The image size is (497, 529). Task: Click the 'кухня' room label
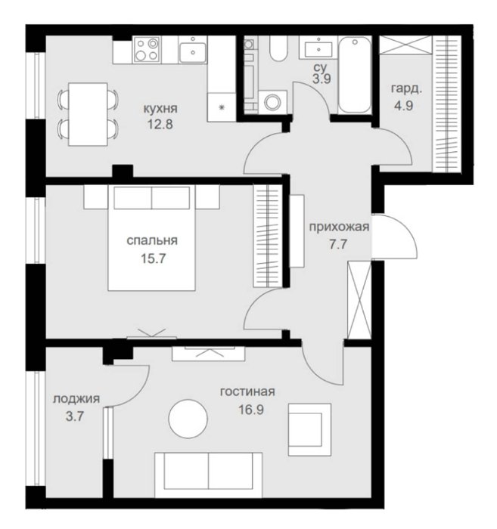(x=160, y=109)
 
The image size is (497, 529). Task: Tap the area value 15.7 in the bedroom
(x=153, y=258)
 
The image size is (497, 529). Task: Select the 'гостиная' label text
(x=247, y=391)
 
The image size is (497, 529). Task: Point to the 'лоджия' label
(x=76, y=399)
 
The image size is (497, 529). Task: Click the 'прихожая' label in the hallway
(x=339, y=227)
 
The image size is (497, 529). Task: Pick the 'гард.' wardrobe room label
(x=406, y=89)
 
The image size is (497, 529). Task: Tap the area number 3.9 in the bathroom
(x=321, y=79)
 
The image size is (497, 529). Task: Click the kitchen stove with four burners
(x=147, y=50)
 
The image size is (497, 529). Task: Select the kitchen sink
(x=192, y=50)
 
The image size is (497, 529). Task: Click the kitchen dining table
(x=88, y=114)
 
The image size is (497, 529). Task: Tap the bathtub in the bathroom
(x=355, y=75)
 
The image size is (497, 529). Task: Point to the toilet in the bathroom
(x=278, y=48)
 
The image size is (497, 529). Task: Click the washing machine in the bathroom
(x=272, y=101)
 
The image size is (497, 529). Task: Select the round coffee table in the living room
(x=188, y=419)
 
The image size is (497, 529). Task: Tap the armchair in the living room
(x=309, y=429)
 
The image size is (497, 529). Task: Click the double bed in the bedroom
(x=151, y=238)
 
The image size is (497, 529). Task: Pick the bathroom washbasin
(x=318, y=48)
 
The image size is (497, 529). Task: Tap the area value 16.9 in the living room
(x=251, y=410)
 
